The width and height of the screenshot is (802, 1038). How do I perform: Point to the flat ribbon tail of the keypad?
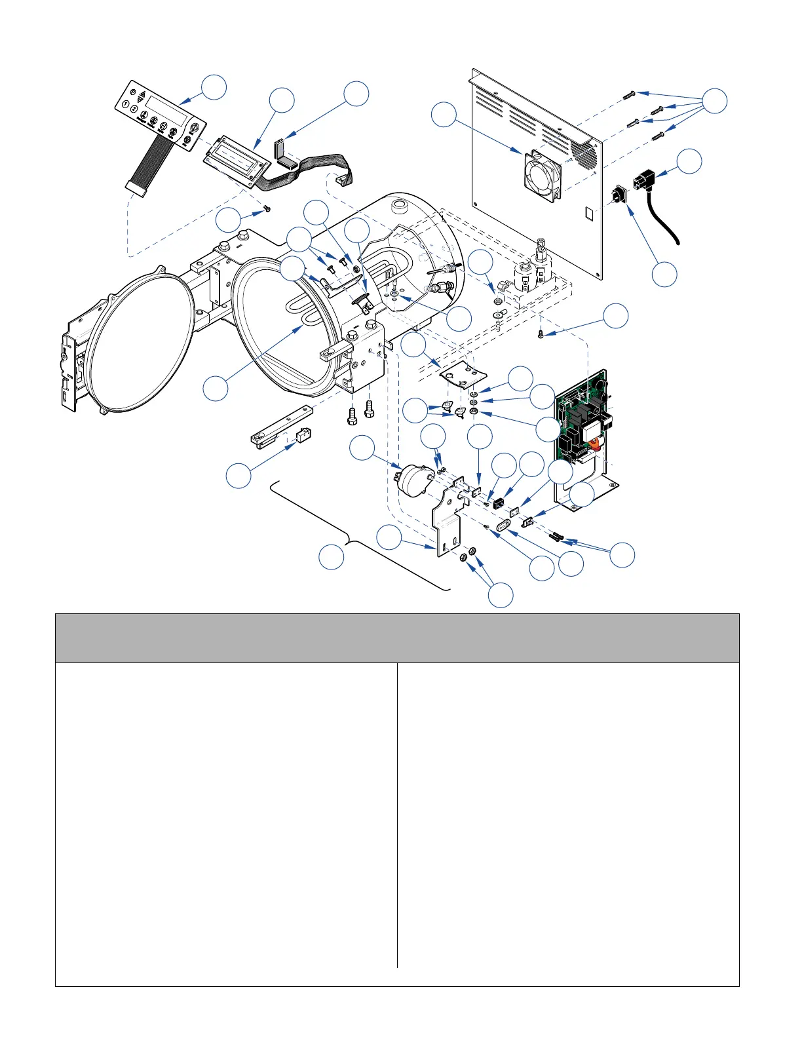click(149, 161)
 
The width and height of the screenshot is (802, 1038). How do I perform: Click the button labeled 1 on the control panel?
click(125, 106)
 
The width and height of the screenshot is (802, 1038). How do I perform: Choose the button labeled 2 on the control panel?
click(134, 110)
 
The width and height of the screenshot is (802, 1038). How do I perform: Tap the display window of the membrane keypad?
click(167, 110)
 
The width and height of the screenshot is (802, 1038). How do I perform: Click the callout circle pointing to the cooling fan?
click(444, 115)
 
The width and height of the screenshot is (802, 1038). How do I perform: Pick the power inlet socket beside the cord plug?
click(619, 195)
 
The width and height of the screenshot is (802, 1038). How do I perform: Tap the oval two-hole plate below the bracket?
click(505, 526)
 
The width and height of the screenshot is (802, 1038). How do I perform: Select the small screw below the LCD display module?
click(267, 208)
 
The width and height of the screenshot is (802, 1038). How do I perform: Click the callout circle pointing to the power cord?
click(688, 161)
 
